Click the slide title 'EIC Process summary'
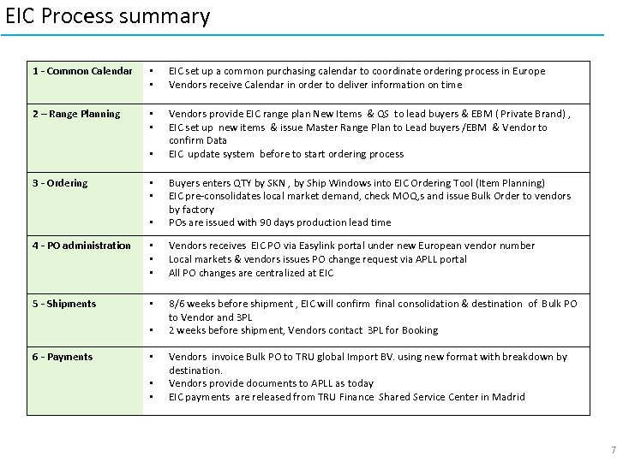[x=107, y=16]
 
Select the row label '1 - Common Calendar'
[x=82, y=71]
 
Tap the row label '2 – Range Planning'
[x=76, y=114]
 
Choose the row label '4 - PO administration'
[x=81, y=246]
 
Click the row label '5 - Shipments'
[x=64, y=304]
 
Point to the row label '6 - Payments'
[x=63, y=357]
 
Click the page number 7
[x=613, y=450]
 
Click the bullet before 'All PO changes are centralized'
[x=151, y=273]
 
